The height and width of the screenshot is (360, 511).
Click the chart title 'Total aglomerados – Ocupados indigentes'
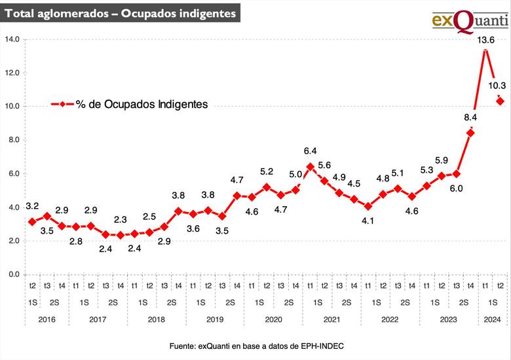coord(120,13)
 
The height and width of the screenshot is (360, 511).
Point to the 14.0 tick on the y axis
coord(13,39)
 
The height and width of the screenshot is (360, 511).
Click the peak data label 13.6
coord(485,39)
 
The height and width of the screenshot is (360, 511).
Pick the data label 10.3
coord(499,85)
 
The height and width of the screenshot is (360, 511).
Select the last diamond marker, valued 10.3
coord(500,101)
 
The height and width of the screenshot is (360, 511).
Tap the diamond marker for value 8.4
coord(470,133)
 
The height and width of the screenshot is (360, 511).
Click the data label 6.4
coord(311,151)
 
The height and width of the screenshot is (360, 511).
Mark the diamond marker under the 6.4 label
coord(311,166)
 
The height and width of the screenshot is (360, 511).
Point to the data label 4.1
coord(369,221)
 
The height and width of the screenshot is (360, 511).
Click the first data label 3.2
coord(33,206)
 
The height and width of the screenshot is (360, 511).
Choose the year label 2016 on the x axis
coord(47,319)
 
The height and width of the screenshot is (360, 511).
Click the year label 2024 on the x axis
coord(493,319)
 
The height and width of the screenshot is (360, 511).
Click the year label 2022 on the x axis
coord(390,319)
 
